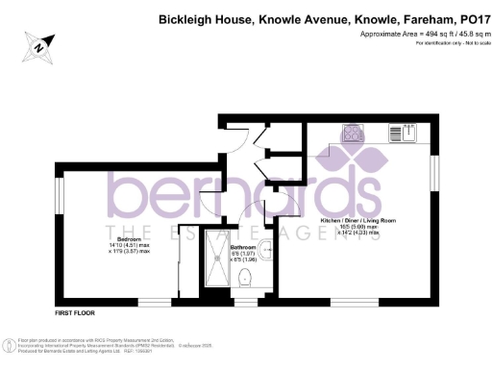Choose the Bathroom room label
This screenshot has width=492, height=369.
[245, 248]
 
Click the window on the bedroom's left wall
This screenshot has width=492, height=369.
[59, 197]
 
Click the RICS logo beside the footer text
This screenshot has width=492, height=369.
[9, 345]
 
